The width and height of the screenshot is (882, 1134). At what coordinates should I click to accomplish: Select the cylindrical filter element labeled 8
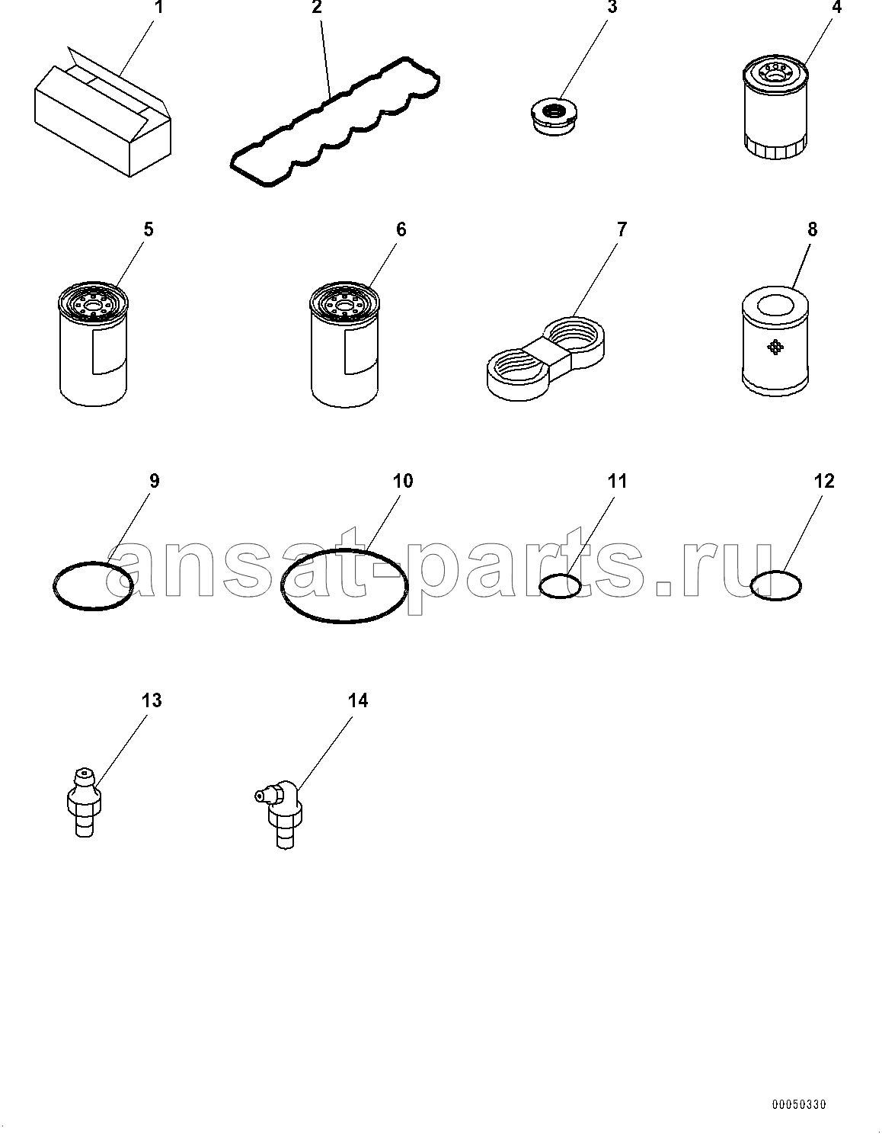click(x=775, y=340)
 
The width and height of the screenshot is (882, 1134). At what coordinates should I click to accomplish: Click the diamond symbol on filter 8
click(x=775, y=347)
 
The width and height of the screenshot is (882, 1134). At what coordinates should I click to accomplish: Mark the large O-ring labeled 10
click(x=282, y=586)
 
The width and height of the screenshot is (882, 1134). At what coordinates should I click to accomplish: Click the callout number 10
click(x=402, y=481)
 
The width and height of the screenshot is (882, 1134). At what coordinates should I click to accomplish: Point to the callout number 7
click(x=622, y=229)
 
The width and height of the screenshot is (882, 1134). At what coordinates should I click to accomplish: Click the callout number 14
click(x=358, y=700)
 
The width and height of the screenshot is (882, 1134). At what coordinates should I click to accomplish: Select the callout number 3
click(x=612, y=8)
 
